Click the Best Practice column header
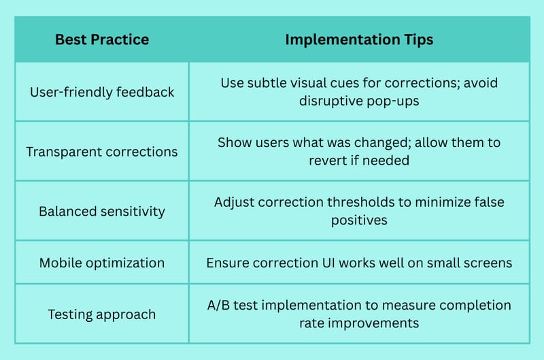point(102,39)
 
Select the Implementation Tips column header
point(359,40)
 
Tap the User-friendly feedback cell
point(102,92)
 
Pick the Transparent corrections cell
point(102,152)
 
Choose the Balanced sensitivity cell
point(102,212)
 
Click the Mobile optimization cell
point(102,263)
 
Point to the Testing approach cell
point(102,314)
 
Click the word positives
point(359,220)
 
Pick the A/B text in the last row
point(218,305)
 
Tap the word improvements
point(373,323)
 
